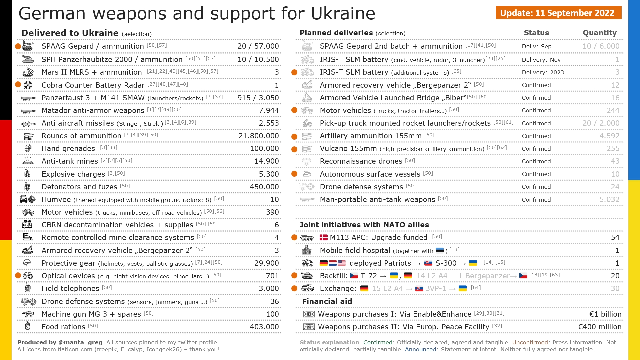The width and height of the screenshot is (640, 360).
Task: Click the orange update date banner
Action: coord(558,13)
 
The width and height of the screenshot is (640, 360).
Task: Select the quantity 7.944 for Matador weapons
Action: coord(269,111)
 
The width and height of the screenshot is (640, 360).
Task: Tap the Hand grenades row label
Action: coord(68,149)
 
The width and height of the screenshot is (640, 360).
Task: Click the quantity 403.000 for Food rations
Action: coord(264,327)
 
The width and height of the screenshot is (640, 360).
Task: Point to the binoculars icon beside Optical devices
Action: coord(28,276)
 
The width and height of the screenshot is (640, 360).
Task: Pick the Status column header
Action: coord(536,33)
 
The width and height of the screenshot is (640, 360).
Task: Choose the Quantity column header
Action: coord(599,33)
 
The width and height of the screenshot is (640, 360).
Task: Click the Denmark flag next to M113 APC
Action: coord(324,237)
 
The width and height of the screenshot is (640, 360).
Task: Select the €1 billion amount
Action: coord(605,314)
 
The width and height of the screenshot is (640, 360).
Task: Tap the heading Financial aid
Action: coord(327,302)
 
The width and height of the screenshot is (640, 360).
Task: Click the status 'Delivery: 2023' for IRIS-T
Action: coord(543,73)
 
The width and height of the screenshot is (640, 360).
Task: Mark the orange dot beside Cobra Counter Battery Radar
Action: coord(18,85)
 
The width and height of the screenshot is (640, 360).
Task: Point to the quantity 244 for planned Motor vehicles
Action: coord(613,111)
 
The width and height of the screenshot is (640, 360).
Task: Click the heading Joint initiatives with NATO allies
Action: coord(364,225)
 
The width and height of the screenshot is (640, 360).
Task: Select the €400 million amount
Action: coord(599,327)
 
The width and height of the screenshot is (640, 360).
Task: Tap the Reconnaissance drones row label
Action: coord(361,161)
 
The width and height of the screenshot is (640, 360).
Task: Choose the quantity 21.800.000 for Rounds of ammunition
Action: coord(259,136)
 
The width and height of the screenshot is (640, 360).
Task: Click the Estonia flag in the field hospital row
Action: coord(439,250)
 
